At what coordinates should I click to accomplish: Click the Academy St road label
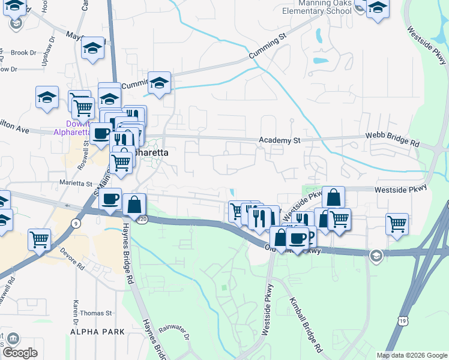[279, 140]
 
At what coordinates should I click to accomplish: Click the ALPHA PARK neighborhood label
[97, 332]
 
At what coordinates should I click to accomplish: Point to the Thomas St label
[96, 313]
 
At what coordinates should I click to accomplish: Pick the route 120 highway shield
[142, 221]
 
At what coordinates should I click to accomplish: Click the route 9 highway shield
[75, 224]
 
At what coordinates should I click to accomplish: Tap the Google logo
[20, 353]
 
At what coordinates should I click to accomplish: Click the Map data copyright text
[411, 355]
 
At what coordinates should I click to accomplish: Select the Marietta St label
[76, 183]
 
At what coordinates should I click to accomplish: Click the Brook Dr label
[24, 53]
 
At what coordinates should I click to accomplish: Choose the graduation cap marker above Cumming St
[160, 82]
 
